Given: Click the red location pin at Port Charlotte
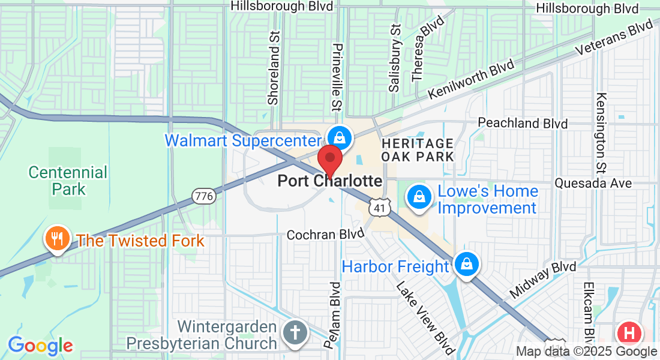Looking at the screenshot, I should pyautogui.click(x=329, y=159).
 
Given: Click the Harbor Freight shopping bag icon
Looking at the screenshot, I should pyautogui.click(x=466, y=264).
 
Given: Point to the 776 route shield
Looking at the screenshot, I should pyautogui.click(x=204, y=196).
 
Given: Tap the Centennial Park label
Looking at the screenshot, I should pyautogui.click(x=68, y=181).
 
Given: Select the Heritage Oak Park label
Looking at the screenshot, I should pyautogui.click(x=418, y=150).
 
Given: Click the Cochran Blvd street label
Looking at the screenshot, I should pyautogui.click(x=325, y=234).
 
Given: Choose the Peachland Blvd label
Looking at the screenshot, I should pyautogui.click(x=523, y=123).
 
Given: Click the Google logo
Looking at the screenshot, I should pyautogui.click(x=40, y=346).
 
